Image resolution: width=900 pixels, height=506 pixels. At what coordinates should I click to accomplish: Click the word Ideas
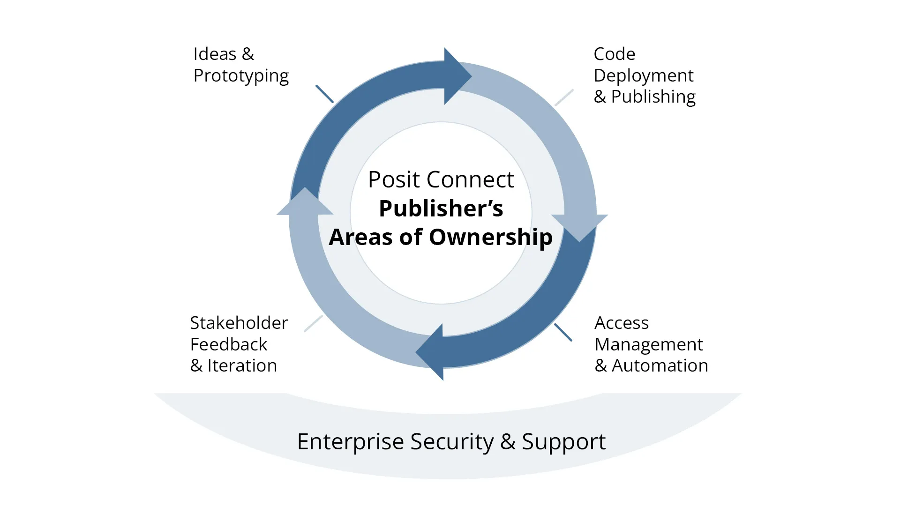click(x=215, y=54)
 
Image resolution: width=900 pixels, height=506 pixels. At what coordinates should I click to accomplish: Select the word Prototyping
click(x=241, y=76)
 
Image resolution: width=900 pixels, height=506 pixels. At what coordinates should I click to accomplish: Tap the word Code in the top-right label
click(x=614, y=54)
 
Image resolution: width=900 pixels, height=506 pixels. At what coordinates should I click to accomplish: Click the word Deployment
click(x=643, y=76)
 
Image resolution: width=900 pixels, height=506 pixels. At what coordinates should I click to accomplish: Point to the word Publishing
click(x=653, y=97)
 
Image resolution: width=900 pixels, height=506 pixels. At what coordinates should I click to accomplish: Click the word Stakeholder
click(x=239, y=323)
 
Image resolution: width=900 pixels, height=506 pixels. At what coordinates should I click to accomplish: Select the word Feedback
click(x=228, y=345)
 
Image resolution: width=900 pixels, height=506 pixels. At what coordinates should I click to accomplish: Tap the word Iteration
click(x=242, y=366)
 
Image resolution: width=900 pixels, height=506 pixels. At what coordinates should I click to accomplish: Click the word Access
click(x=621, y=323)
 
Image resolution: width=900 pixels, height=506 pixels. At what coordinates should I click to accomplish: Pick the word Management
click(x=648, y=345)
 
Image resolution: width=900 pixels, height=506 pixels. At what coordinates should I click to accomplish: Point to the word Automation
click(x=660, y=366)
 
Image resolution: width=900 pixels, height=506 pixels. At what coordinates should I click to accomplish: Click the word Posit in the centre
click(x=393, y=180)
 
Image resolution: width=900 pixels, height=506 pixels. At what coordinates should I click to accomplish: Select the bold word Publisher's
click(x=441, y=208)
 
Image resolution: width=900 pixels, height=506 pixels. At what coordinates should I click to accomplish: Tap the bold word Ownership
click(x=490, y=237)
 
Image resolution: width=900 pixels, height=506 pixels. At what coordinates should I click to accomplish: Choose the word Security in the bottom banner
click(x=452, y=442)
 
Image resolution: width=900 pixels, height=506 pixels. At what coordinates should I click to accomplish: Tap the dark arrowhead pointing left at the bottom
click(x=431, y=352)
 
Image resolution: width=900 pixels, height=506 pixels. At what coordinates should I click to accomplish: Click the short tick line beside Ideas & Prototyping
click(x=324, y=94)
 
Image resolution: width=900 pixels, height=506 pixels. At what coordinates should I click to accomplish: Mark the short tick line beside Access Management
click(x=563, y=332)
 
